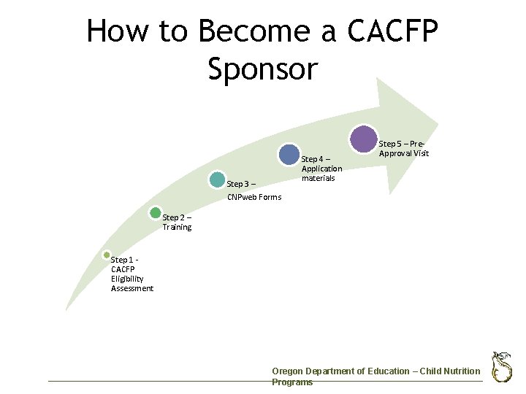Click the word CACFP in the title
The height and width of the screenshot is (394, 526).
pyautogui.click(x=393, y=32)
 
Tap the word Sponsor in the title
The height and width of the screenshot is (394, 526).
pyautogui.click(x=263, y=69)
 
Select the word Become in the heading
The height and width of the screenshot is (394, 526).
pyautogui.click(x=245, y=32)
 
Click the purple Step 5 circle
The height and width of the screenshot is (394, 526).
pyautogui.click(x=364, y=139)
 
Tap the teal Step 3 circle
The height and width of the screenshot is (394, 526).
pyautogui.click(x=217, y=179)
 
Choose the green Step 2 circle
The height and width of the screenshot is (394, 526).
pyautogui.click(x=155, y=213)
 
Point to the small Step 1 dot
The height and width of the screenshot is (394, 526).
pyautogui.click(x=106, y=256)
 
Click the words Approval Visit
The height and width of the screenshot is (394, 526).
pyautogui.click(x=404, y=153)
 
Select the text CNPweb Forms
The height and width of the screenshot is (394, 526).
pyautogui.click(x=254, y=197)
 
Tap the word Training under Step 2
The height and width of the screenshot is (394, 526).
pyautogui.click(x=177, y=228)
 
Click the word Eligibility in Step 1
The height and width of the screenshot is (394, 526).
pyautogui.click(x=127, y=279)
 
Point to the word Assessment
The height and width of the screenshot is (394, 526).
pyautogui.click(x=132, y=288)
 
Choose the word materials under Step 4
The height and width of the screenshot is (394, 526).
pyautogui.click(x=318, y=178)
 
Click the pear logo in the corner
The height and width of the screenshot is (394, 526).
pyautogui.click(x=501, y=366)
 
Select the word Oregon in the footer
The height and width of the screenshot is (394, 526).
pyautogui.click(x=286, y=371)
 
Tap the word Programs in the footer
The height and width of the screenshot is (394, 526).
pyautogui.click(x=292, y=382)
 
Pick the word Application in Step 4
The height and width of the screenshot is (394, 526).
pyautogui.click(x=321, y=169)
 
